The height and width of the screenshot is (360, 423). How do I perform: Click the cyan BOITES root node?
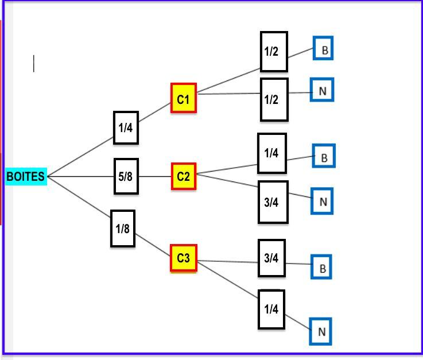point(26,177)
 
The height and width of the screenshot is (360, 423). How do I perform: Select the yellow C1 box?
point(184,99)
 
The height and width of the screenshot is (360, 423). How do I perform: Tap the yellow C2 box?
point(184,176)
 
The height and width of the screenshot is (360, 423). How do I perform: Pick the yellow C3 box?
point(184,258)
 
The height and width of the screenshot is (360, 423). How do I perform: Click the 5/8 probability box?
point(126,176)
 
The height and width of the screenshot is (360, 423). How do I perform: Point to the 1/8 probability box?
point(123,229)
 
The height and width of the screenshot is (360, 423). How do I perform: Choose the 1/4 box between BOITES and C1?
point(126,127)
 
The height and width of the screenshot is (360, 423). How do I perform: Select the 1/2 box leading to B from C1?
point(274,52)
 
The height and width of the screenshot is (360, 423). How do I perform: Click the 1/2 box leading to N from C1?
point(274,99)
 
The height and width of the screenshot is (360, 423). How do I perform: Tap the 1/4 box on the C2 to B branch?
point(271,153)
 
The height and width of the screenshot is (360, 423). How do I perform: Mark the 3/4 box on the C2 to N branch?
point(273,202)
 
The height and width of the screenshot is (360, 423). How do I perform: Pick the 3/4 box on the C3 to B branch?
point(271,258)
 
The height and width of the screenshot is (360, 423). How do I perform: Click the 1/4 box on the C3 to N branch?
point(271,309)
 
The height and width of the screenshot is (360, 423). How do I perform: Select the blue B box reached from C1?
point(323,49)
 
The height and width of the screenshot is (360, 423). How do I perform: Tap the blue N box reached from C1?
point(322,91)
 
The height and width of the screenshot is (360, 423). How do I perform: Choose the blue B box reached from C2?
point(324,156)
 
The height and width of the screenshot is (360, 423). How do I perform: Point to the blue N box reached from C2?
point(322,202)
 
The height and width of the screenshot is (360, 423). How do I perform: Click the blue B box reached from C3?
point(322,268)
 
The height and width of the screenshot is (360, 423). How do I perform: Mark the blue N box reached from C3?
point(321,331)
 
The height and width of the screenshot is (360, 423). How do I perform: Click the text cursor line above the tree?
point(34,64)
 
